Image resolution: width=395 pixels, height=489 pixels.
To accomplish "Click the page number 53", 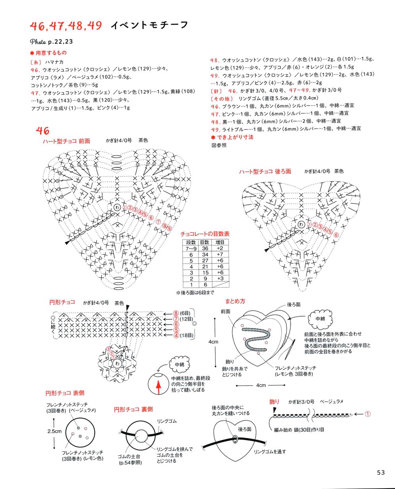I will [x=381, y=472].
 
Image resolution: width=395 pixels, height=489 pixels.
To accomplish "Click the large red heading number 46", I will [x=42, y=131].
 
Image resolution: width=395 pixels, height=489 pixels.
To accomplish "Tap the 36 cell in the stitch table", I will [x=205, y=248].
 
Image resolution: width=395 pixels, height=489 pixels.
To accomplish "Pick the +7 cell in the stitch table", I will [x=220, y=254].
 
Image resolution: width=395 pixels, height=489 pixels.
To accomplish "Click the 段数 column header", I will [x=191, y=243].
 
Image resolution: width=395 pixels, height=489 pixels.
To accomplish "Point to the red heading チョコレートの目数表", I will [x=205, y=234].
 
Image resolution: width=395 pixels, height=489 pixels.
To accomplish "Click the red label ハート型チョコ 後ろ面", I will [x=265, y=171].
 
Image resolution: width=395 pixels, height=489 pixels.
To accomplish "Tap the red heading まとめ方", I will [x=235, y=301].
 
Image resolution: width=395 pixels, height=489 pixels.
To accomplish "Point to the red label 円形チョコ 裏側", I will [x=133, y=409].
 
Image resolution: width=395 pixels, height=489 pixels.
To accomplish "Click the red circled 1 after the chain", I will [x=367, y=414].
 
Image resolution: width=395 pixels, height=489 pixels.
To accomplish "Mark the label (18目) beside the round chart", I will [x=186, y=336].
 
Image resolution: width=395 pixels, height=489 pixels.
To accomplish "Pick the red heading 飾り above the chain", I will [x=275, y=402].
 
